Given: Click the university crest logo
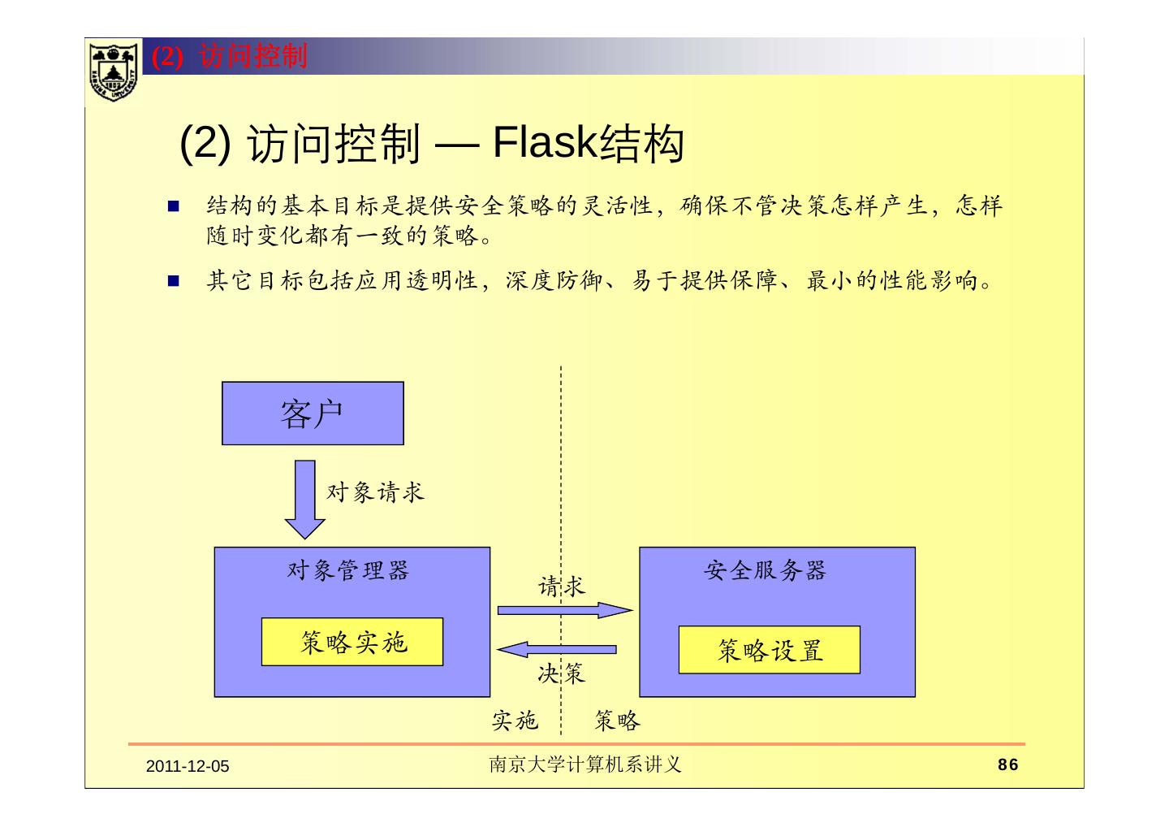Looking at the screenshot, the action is (x=112, y=71).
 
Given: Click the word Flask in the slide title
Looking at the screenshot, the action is (x=545, y=143).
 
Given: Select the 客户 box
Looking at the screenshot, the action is (x=313, y=413).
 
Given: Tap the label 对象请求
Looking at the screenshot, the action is (x=375, y=491).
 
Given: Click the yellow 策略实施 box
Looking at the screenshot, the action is (x=352, y=643).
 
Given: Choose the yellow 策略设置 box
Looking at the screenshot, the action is (x=769, y=650).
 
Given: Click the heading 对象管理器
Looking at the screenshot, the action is (x=348, y=570).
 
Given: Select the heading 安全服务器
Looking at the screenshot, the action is (x=765, y=570).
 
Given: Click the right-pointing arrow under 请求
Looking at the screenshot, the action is (x=564, y=610).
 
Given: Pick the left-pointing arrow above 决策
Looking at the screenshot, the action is (x=557, y=649).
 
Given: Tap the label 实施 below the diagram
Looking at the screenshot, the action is (x=515, y=720).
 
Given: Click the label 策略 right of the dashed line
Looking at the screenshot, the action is (x=617, y=720).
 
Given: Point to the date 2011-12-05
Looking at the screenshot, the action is (x=188, y=766).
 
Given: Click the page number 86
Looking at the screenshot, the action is (x=1007, y=764).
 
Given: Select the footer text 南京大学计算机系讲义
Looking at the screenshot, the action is (x=584, y=764).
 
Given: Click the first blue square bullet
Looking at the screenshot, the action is (x=173, y=206).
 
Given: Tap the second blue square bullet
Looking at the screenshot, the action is (x=173, y=282).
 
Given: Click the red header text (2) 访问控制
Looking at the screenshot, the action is (x=231, y=56).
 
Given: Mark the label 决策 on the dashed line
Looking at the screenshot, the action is (x=561, y=673).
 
